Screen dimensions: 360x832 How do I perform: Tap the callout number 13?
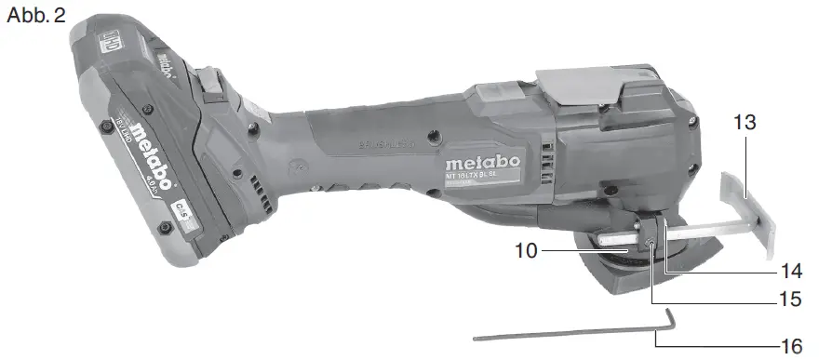[745, 123]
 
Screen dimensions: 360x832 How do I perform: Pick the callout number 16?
[791, 347]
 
